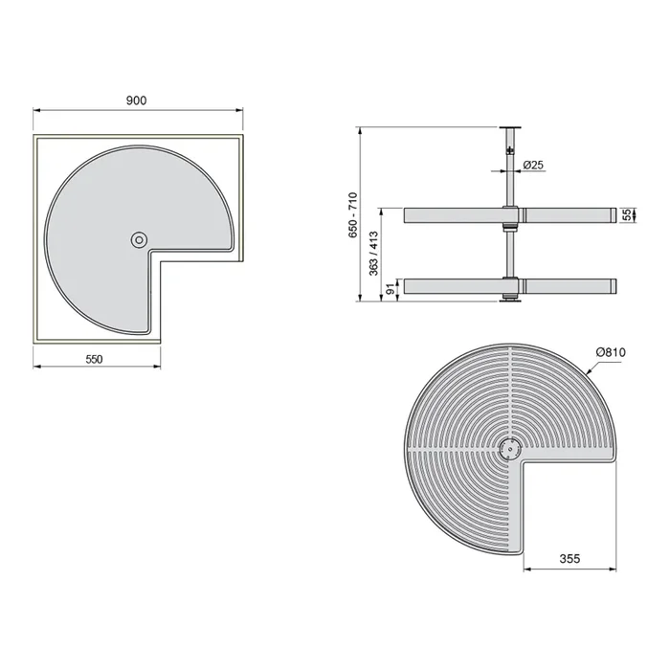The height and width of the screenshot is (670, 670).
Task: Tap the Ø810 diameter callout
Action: (610, 352)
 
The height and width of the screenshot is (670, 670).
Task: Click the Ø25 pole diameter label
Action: (534, 166)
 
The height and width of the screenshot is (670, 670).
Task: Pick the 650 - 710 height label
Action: (353, 215)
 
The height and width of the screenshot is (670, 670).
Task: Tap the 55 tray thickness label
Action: (627, 215)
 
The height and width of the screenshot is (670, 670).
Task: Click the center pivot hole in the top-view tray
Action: (140, 239)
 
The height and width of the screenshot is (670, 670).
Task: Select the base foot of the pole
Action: (509, 300)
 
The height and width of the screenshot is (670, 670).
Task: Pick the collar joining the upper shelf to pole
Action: (509, 215)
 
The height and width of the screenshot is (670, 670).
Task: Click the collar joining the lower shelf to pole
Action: (509, 285)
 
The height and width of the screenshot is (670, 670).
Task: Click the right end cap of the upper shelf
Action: (609, 215)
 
